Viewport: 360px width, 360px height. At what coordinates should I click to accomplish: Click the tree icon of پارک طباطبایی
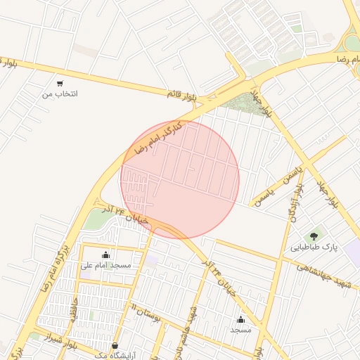(x=314, y=236)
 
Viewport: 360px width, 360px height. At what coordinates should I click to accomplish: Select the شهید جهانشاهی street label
(x=323, y=275)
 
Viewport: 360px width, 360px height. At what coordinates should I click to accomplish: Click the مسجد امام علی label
(x=105, y=265)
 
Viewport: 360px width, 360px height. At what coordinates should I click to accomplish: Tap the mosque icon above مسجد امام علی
(x=105, y=255)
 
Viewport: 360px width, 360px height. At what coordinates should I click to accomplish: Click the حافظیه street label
(x=72, y=308)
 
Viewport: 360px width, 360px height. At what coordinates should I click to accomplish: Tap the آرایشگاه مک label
(x=113, y=356)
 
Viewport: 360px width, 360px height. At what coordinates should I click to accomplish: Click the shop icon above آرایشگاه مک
(x=114, y=345)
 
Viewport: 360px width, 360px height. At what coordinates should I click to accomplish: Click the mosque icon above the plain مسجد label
(x=240, y=319)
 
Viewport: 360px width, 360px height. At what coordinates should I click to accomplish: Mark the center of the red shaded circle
(x=180, y=179)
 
